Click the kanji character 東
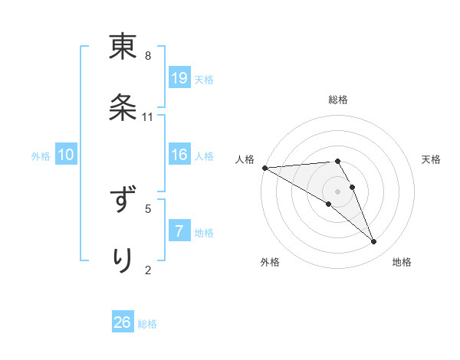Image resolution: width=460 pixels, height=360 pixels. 123,47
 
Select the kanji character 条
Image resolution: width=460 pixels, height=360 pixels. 123,109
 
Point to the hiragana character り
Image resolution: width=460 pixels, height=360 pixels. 123,260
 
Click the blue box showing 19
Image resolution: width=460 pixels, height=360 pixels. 179,77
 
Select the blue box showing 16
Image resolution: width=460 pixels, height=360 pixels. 179,155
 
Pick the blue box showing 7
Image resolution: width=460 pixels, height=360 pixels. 179,231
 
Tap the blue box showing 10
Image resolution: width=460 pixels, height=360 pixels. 66,155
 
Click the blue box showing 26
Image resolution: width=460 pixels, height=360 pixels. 123,322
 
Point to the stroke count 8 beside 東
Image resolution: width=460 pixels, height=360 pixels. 148,56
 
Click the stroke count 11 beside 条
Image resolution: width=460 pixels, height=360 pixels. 148,117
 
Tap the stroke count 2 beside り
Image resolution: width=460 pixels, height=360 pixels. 148,269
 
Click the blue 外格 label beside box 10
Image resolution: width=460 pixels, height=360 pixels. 41,155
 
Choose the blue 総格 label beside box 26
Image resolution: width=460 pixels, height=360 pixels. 147,324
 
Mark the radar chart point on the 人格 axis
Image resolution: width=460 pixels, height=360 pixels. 264,168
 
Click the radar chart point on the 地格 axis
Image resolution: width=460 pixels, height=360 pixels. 373,241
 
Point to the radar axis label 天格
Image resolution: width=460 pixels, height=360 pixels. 432,159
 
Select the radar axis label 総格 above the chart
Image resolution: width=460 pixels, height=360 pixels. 338,100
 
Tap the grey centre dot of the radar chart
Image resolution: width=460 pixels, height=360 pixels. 338,191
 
